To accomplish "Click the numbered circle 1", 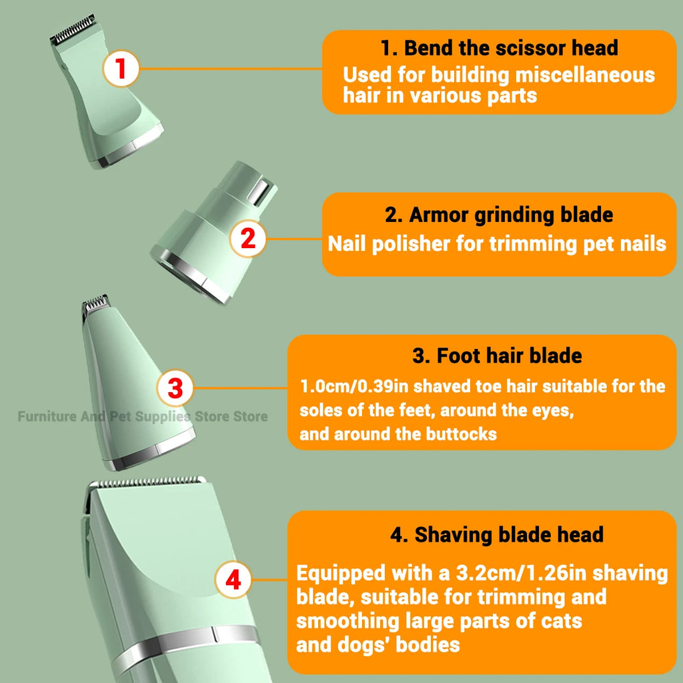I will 120,70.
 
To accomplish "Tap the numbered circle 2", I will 247,239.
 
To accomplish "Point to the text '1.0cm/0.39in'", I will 355,386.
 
